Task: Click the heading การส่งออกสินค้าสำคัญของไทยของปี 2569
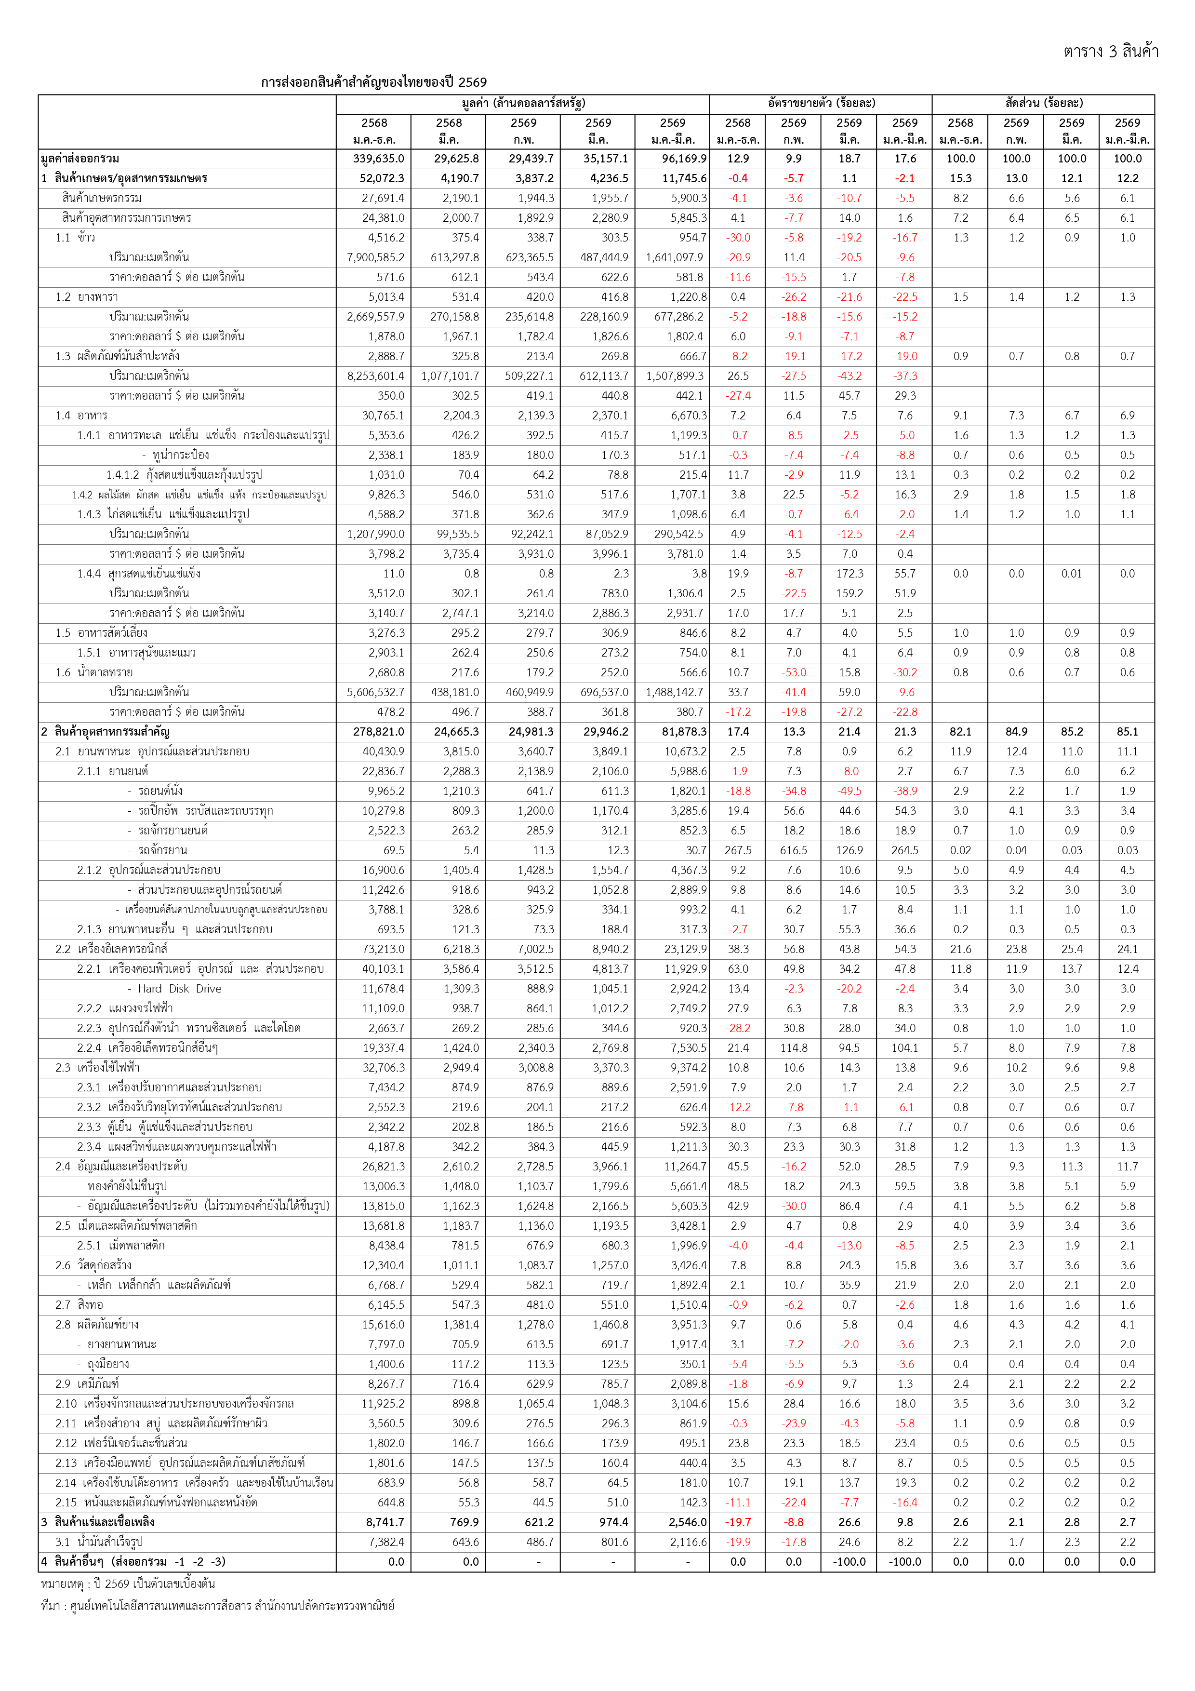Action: click(373, 82)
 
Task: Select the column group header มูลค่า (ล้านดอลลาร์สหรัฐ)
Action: click(523, 103)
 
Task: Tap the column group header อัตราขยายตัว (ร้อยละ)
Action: click(821, 103)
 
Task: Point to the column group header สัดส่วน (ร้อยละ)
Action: click(1043, 103)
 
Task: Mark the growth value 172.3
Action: click(849, 574)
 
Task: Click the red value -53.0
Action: click(794, 672)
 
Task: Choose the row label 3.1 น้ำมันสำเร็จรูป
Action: click(99, 1542)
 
